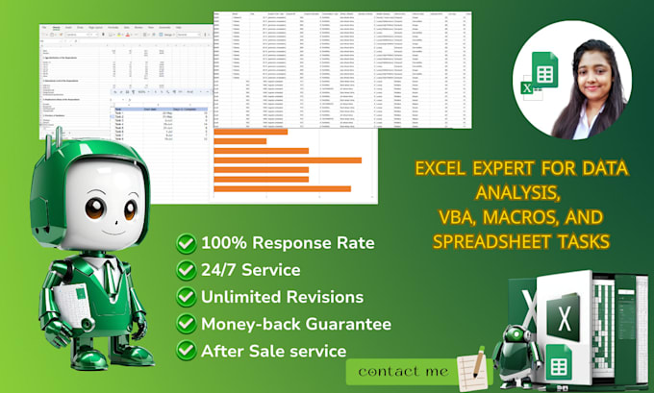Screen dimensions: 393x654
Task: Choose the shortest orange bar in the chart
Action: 239,141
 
